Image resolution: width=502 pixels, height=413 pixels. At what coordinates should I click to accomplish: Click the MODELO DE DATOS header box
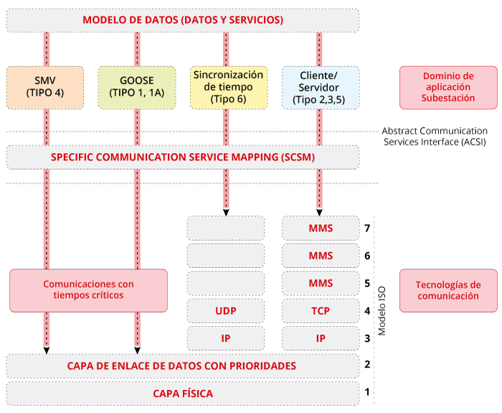click(182, 20)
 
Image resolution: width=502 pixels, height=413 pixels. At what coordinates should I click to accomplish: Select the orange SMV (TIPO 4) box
click(45, 87)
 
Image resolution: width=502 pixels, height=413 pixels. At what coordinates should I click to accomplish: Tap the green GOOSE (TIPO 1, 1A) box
click(136, 87)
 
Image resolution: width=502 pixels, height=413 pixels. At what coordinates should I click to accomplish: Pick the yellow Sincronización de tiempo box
click(228, 87)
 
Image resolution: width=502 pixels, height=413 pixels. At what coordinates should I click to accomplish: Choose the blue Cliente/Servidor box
click(319, 87)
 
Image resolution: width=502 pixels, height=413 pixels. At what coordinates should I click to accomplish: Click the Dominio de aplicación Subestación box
click(448, 87)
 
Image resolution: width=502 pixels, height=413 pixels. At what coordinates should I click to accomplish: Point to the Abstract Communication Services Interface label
click(435, 136)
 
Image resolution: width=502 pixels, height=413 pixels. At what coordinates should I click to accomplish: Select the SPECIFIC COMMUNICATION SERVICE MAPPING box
click(182, 157)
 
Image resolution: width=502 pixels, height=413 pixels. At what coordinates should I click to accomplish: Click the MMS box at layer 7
click(321, 228)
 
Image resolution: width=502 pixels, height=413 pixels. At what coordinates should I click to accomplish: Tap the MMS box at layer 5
click(321, 283)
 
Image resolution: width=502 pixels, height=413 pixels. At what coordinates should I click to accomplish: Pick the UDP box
click(226, 311)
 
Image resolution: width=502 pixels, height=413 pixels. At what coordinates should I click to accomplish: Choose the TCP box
click(321, 311)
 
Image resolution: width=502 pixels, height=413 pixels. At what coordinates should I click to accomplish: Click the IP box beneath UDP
click(226, 338)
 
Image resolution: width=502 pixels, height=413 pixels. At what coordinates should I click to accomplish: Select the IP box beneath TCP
click(321, 338)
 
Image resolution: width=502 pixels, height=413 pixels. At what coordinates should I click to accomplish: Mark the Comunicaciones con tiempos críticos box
click(88, 290)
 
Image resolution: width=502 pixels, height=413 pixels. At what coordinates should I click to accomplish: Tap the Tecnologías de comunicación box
click(448, 290)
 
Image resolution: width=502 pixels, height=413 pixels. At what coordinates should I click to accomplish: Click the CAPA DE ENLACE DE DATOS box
click(182, 366)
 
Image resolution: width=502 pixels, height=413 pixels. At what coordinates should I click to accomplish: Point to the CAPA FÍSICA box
click(182, 393)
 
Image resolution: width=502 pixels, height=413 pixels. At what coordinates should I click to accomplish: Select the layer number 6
click(367, 256)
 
